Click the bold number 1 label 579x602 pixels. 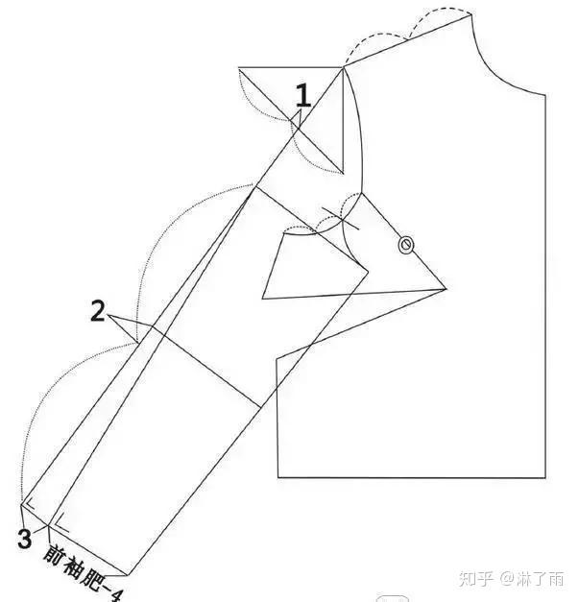(x=302, y=96)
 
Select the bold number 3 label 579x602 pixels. (x=24, y=539)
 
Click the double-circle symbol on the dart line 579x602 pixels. (x=405, y=246)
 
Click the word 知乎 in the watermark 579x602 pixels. (x=476, y=579)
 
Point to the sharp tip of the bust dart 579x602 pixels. (x=446, y=288)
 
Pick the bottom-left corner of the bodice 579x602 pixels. (x=277, y=477)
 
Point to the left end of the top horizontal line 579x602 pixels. (x=237, y=68)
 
